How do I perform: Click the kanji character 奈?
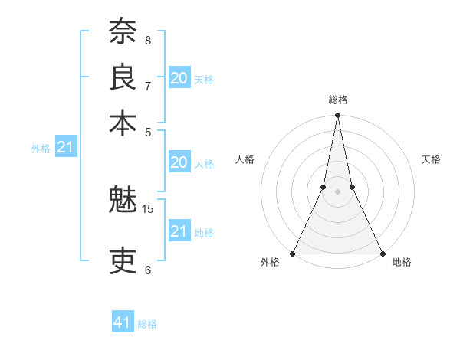123,33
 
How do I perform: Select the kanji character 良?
123,78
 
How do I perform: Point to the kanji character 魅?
123,201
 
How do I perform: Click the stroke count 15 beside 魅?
148,208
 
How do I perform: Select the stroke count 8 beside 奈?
148,40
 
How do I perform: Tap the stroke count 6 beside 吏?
148,270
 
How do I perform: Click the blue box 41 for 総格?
123,322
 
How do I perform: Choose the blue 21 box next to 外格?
65,146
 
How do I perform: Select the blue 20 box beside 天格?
179,77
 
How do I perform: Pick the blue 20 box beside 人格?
179,162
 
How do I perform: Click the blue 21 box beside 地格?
179,231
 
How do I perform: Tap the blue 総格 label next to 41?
147,324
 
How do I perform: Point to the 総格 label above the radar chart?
337,100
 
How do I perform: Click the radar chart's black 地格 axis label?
402,263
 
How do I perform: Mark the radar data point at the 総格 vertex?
337,116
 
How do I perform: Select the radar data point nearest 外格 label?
294,254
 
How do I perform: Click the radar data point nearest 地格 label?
381,254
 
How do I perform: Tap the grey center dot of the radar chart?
337,192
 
